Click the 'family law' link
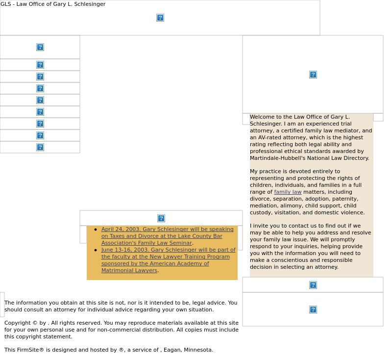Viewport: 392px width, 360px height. pyautogui.click(x=288, y=192)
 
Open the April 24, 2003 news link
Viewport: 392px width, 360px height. pyautogui.click(x=167, y=236)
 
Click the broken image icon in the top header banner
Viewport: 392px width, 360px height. pyautogui.click(x=160, y=18)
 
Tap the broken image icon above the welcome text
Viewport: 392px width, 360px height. pyautogui.click(x=313, y=75)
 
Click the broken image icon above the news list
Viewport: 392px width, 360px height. pyautogui.click(x=161, y=218)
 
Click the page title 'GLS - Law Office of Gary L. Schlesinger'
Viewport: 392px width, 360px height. pyautogui.click(x=53, y=4)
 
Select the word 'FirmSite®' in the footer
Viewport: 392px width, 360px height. pyautogui.click(x=30, y=350)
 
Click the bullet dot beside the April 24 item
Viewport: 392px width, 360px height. pyautogui.click(x=96, y=230)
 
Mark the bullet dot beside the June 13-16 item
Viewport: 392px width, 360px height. pyautogui.click(x=96, y=250)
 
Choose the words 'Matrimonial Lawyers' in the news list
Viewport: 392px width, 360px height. pyautogui.click(x=129, y=270)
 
